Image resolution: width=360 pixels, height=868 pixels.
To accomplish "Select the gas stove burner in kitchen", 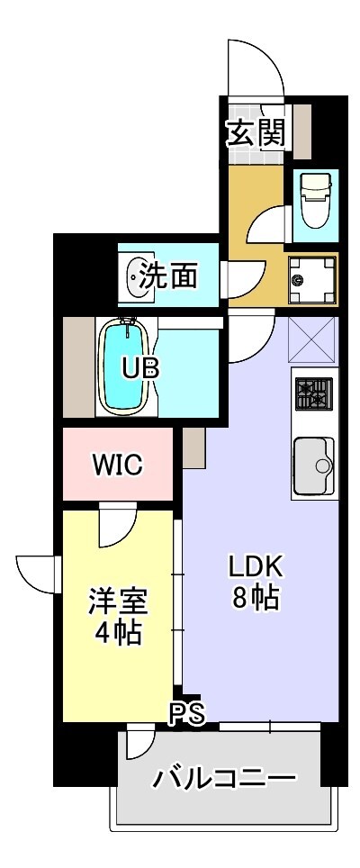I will (x=312, y=393).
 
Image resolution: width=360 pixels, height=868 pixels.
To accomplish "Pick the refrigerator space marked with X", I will (x=312, y=340).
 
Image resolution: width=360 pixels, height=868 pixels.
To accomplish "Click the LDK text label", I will (x=255, y=566).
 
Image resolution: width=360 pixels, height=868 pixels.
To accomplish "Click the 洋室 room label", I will (x=117, y=601).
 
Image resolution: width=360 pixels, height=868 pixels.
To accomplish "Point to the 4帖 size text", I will (x=117, y=633).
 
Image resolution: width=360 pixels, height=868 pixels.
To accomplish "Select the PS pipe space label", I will (x=189, y=714).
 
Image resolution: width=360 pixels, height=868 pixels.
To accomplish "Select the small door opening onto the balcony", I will (x=138, y=743).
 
